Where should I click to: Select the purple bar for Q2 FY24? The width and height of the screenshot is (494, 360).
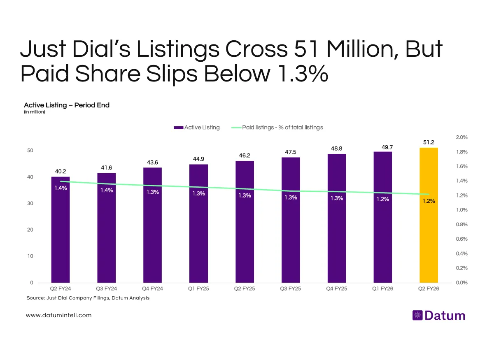pos(61,239)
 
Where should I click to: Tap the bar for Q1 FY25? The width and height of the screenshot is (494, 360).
pos(199,239)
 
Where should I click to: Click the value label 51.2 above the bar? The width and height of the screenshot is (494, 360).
pos(429,142)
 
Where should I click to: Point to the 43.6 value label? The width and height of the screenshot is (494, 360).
pos(153,163)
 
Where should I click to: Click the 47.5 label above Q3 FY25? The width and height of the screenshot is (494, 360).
pos(291,152)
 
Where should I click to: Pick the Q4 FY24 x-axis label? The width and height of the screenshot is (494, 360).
pos(153,289)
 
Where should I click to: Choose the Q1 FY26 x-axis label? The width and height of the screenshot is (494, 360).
pos(383,289)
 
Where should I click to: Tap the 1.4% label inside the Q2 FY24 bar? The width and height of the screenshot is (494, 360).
pos(61,188)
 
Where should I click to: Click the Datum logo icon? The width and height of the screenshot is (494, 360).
pos(417,316)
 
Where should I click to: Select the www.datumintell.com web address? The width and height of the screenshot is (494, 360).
pos(58,315)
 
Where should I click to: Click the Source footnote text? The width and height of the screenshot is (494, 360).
pos(88,298)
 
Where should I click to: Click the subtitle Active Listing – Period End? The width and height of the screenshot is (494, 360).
pos(67,105)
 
